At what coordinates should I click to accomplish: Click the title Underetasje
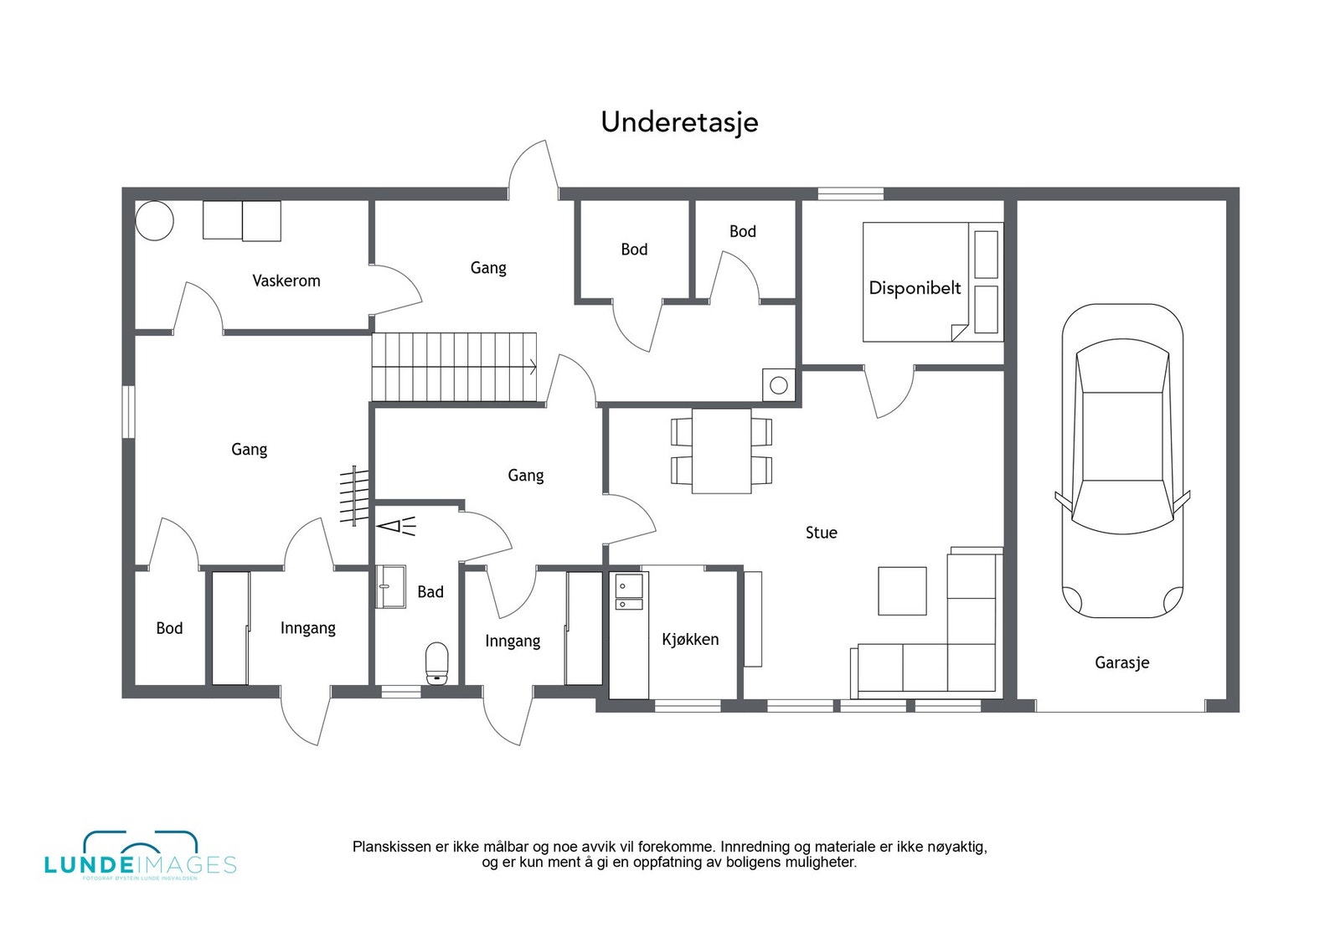(x=679, y=122)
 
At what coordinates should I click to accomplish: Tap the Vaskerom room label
(x=286, y=281)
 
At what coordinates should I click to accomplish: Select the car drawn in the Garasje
(x=1122, y=461)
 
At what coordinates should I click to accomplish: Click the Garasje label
(x=1121, y=662)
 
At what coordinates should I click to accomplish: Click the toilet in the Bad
(x=437, y=663)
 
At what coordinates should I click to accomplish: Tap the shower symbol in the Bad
(x=395, y=527)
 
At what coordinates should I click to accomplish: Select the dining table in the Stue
(x=721, y=451)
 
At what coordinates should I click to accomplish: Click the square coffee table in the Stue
(x=902, y=591)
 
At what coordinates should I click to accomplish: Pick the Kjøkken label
(x=690, y=639)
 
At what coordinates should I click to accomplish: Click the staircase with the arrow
(x=455, y=367)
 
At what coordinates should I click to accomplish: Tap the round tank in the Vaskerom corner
(x=154, y=221)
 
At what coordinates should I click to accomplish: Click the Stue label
(x=821, y=533)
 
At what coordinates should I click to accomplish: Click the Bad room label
(x=430, y=592)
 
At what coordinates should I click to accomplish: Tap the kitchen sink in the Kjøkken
(x=628, y=591)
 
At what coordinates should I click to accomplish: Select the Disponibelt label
(x=915, y=288)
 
